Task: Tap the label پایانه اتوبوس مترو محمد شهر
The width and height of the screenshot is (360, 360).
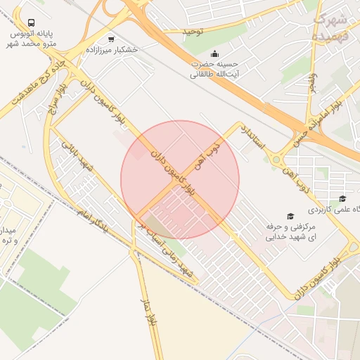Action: point(33,39)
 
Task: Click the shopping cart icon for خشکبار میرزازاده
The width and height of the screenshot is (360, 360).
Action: point(111,39)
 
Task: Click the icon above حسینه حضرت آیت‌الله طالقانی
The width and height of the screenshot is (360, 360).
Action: point(214,53)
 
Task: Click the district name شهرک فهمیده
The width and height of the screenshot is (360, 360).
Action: point(330,27)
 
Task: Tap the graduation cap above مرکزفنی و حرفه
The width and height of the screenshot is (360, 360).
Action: point(290,215)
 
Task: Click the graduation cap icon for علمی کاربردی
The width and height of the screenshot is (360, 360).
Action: point(342,199)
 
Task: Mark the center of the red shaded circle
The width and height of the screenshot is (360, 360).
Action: point(180,180)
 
